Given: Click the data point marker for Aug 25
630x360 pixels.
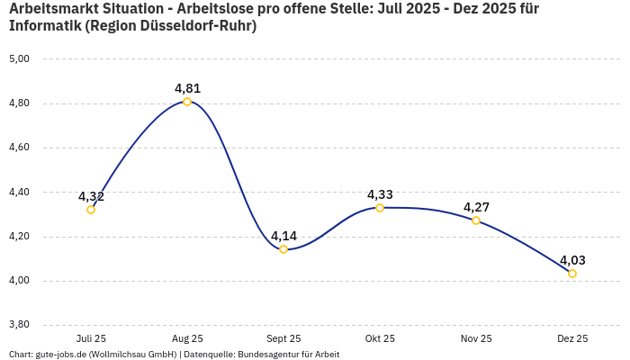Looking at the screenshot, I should point(187,102).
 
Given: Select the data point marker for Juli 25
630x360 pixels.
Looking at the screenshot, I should point(91,210).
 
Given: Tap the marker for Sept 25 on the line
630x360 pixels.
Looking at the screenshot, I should point(283,249).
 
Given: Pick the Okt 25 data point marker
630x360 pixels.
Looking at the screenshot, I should point(380,208).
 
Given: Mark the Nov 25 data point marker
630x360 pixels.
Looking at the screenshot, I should point(476,220).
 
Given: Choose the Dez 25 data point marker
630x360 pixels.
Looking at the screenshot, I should point(572,274).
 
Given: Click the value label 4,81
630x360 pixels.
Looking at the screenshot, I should point(187,88).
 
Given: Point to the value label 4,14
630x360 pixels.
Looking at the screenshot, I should point(283,236).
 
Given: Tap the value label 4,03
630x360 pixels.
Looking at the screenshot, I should point(572,260).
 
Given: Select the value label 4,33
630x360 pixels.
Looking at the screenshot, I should point(380,194).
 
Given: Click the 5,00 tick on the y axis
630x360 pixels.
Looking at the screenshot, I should point(19,58).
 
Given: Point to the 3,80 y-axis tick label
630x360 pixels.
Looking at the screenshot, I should point(19,325).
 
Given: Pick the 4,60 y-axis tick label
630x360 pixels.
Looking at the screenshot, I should point(19,148).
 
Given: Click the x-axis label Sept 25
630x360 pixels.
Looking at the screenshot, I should point(283,338).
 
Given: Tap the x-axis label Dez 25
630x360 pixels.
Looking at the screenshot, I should point(572,338).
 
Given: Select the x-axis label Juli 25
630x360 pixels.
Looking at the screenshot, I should point(91,338).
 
